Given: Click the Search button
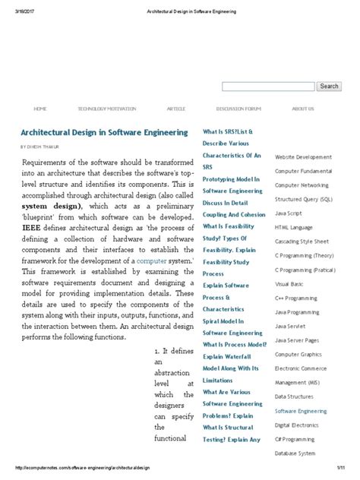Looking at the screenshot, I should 329,87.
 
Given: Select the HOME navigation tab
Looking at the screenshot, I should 40,109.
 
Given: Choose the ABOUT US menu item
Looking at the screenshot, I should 303,109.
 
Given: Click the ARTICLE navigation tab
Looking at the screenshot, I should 176,109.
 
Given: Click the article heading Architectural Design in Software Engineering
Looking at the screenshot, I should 104,132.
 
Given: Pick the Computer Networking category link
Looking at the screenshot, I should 302,185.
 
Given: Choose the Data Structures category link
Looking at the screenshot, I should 295,396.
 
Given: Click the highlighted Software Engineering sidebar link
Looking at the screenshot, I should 301,410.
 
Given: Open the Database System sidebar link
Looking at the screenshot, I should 295,453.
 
